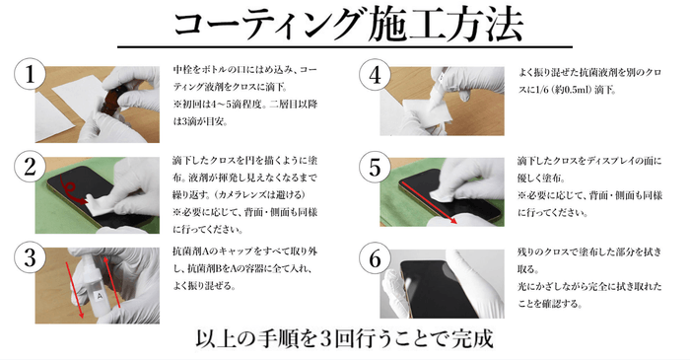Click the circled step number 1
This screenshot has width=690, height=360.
click(30, 74)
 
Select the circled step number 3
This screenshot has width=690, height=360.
click(30, 257)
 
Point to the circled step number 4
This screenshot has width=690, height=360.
click(375, 75)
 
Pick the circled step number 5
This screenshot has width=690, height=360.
click(375, 168)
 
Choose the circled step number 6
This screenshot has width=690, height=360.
click(375, 258)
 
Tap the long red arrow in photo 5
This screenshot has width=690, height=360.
click(429, 202)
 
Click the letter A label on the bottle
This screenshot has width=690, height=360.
click(100, 296)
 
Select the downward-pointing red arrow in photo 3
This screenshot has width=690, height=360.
click(74, 290)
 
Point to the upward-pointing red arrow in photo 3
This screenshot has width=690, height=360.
click(112, 283)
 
